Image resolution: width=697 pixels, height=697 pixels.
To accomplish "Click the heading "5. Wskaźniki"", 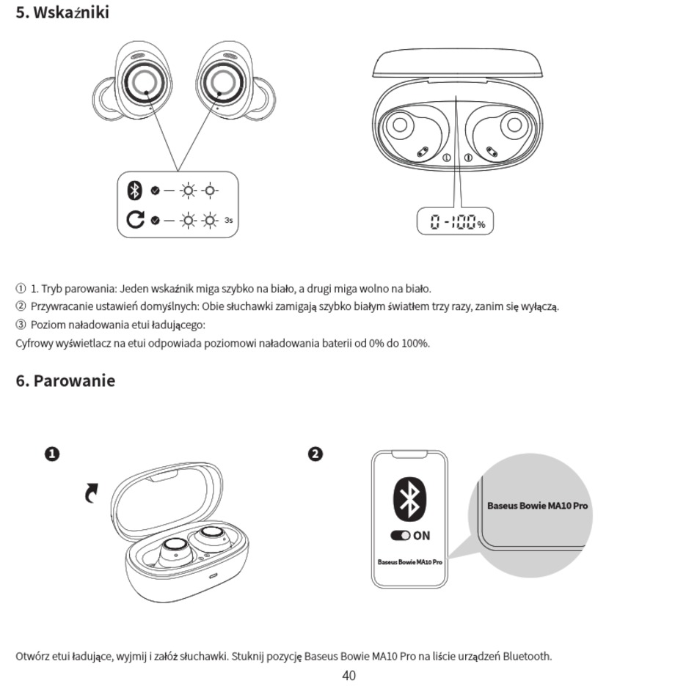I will pyautogui.click(x=62, y=12).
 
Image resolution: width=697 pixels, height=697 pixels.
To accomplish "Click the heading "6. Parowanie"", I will pyautogui.click(x=65, y=381).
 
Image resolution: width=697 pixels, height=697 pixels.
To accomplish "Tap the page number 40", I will pyautogui.click(x=348, y=676).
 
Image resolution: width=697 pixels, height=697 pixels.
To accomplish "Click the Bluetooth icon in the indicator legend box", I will pyautogui.click(x=134, y=191).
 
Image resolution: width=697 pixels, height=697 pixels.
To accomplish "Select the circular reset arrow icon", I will pyautogui.click(x=135, y=219).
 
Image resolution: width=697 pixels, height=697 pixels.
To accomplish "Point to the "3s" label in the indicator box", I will pyautogui.click(x=229, y=220).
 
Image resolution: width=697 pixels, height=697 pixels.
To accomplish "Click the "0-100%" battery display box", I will pyautogui.click(x=455, y=221).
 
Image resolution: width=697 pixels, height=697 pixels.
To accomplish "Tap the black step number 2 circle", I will pyautogui.click(x=315, y=454).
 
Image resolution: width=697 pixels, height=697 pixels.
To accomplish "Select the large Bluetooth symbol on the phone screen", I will pyautogui.click(x=409, y=499).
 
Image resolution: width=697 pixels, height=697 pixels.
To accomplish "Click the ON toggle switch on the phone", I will pyautogui.click(x=401, y=536).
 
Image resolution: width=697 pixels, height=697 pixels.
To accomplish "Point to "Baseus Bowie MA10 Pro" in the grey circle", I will pyautogui.click(x=537, y=506).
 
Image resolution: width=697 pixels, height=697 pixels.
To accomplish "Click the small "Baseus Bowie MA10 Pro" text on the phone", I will pyautogui.click(x=409, y=562).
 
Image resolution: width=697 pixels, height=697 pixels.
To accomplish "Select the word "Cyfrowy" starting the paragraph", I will pyautogui.click(x=34, y=343).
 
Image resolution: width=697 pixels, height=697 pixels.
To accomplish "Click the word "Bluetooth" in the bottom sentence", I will pyautogui.click(x=527, y=656).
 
